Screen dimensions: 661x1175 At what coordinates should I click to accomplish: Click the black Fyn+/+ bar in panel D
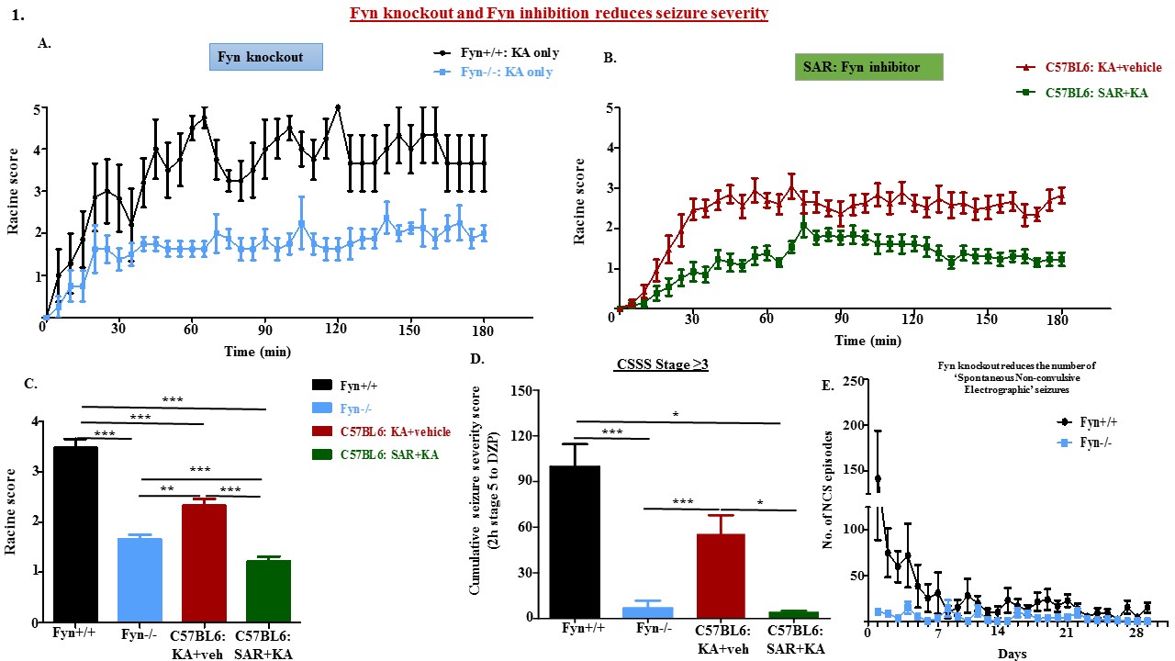[x=574, y=543]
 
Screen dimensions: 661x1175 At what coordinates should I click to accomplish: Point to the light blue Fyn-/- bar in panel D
[x=647, y=613]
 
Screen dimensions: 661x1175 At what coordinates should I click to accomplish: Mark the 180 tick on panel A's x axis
[x=486, y=329]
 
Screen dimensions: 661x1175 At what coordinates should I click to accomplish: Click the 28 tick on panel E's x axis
[x=1136, y=635]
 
